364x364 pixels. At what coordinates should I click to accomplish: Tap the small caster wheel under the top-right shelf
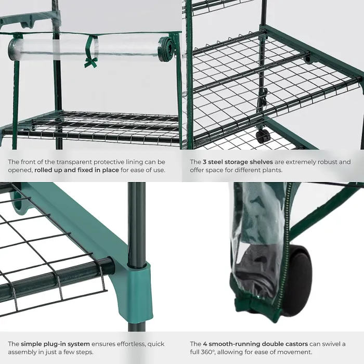pos(263,136)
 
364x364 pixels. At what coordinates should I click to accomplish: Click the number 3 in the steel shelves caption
pos(205,162)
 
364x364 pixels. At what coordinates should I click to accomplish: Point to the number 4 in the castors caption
pos(205,344)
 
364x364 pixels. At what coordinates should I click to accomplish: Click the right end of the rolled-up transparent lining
pos(167,48)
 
